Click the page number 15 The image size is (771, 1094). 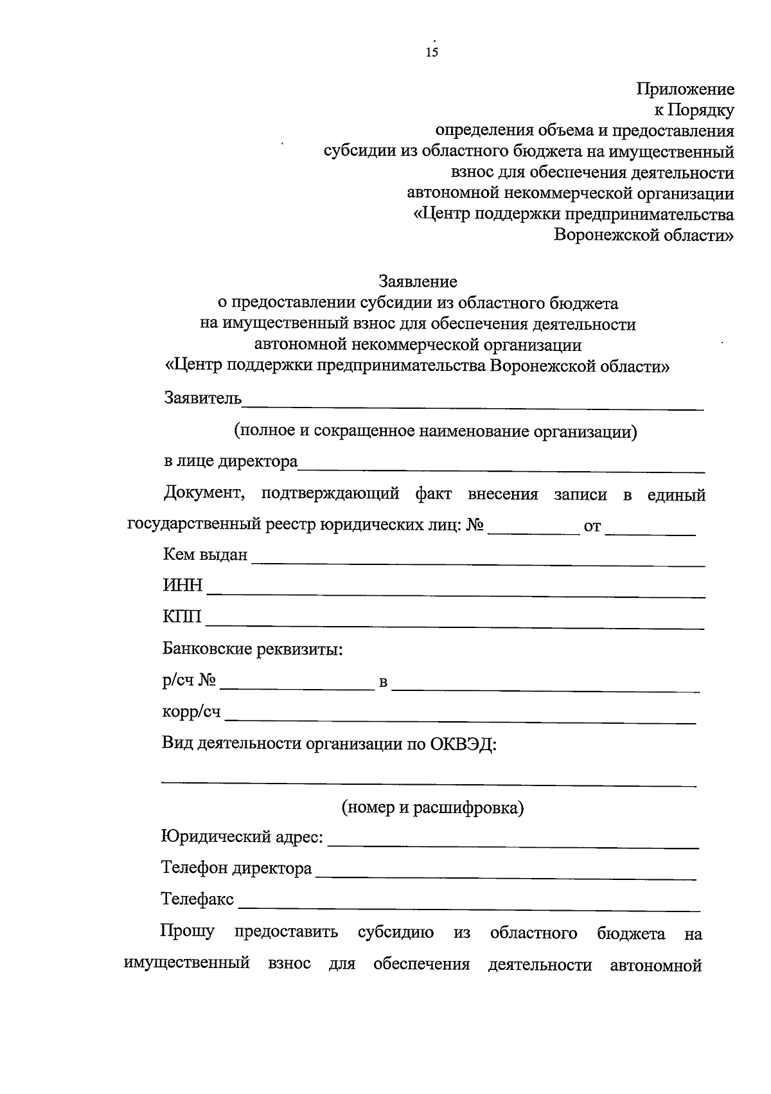pyautogui.click(x=432, y=53)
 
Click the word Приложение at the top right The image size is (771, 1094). pyautogui.click(x=686, y=89)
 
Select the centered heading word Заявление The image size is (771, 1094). pyautogui.click(x=418, y=282)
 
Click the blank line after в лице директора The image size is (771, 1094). pyautogui.click(x=501, y=469)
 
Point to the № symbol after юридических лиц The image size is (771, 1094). pyautogui.click(x=475, y=526)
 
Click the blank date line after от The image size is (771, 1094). pyautogui.click(x=650, y=533)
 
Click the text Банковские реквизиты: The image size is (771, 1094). pyautogui.click(x=253, y=649)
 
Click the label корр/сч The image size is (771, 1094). pyautogui.click(x=191, y=712)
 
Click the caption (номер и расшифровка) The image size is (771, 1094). pyautogui.click(x=432, y=807)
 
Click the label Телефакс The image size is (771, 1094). pyautogui.click(x=197, y=899)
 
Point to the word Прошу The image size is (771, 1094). pyautogui.click(x=188, y=931)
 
